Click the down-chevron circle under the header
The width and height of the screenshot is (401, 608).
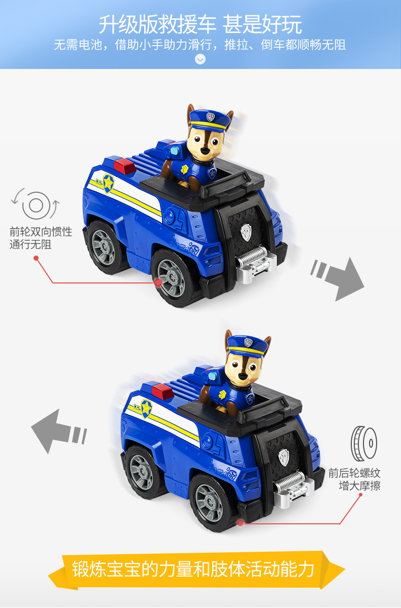click(201, 59)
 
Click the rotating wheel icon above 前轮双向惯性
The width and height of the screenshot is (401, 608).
click(36, 205)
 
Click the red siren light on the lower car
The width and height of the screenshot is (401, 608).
click(161, 390)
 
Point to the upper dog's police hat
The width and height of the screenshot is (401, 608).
click(209, 120)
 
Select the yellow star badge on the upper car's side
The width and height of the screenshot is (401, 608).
click(108, 183)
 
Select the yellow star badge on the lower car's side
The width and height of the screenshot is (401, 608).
click(146, 407)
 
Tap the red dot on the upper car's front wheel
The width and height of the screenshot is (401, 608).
click(158, 282)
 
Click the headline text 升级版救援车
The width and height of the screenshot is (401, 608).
click(157, 24)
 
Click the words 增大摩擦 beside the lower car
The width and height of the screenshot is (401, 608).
click(359, 486)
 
